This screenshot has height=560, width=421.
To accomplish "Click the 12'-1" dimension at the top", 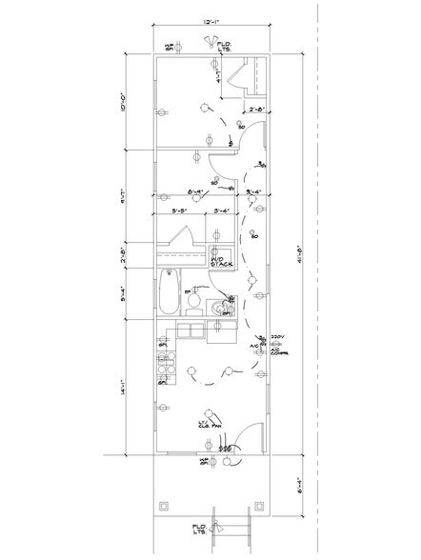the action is pyautogui.click(x=210, y=19).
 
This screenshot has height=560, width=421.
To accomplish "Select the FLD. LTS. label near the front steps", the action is pyautogui.click(x=200, y=528).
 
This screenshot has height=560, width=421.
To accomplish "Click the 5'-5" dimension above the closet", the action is pyautogui.click(x=178, y=212).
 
